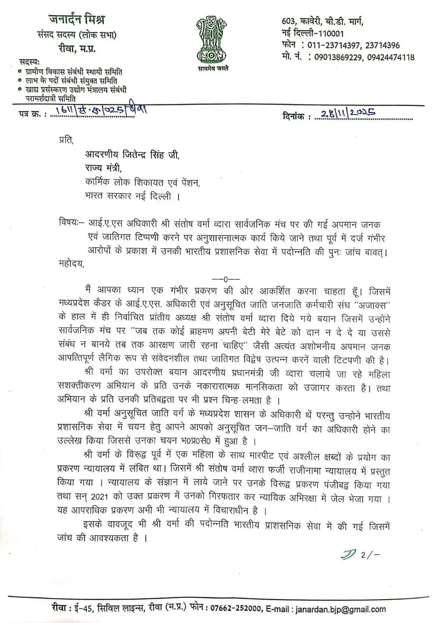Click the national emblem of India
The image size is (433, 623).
(x=212, y=39)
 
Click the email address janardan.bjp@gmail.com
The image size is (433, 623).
(x=341, y=609)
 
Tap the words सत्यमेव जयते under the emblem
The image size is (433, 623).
(x=212, y=69)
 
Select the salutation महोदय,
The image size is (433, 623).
(x=70, y=264)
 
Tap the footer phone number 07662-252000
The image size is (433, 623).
(x=236, y=609)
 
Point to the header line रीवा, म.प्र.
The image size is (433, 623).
(x=77, y=48)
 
